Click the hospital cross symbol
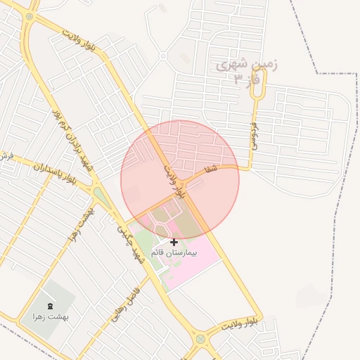coord(174,242)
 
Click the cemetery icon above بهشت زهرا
coord(50,307)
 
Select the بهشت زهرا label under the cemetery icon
coord(50,316)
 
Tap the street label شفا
coord(211,169)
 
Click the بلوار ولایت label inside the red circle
coord(176,181)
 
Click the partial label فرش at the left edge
coord(6,156)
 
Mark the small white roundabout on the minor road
coord(163,56)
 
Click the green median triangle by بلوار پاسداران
coord(101,195)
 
